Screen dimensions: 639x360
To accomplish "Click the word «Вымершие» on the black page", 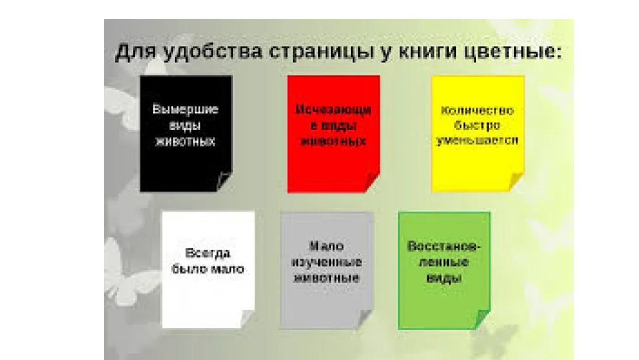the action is (x=185, y=109).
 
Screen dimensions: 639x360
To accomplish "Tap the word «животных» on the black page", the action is (x=185, y=142).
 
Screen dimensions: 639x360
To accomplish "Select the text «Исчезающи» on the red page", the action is (x=333, y=110).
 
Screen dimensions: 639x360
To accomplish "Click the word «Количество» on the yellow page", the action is (x=478, y=110).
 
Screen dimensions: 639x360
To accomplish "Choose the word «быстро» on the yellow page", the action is (x=477, y=125).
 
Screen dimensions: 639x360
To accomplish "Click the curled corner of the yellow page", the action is (x=516, y=181).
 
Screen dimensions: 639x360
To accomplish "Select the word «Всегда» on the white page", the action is (x=208, y=253).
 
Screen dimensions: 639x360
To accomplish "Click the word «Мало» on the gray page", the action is (x=327, y=246).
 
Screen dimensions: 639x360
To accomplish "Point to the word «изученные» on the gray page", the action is (x=327, y=262).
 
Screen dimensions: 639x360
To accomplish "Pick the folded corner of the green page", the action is (x=482, y=319).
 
